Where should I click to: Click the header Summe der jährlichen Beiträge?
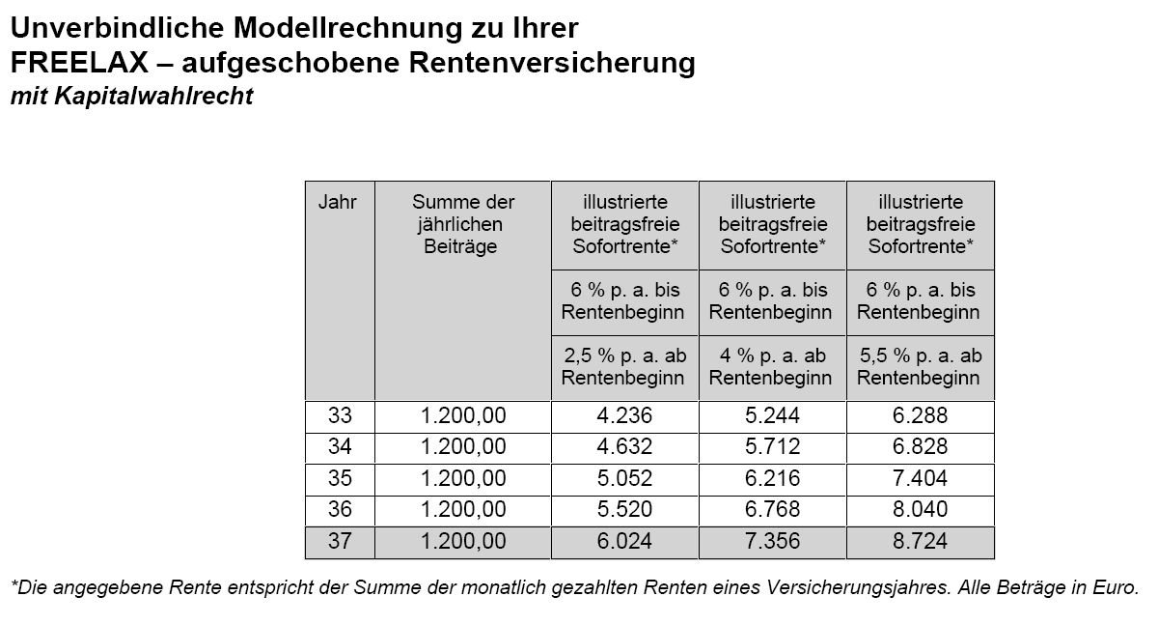pos(462,224)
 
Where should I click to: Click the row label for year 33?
pos(340,416)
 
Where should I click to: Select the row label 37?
pos(340,542)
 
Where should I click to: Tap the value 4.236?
pos(624,416)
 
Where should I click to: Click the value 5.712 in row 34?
pos(772,447)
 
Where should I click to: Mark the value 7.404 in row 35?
pos(920,478)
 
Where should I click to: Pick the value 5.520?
pos(624,509)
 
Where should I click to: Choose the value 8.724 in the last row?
pos(920,542)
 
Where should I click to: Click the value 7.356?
pos(772,542)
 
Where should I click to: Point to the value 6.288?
pos(920,416)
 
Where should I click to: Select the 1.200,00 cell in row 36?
pos(462,509)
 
